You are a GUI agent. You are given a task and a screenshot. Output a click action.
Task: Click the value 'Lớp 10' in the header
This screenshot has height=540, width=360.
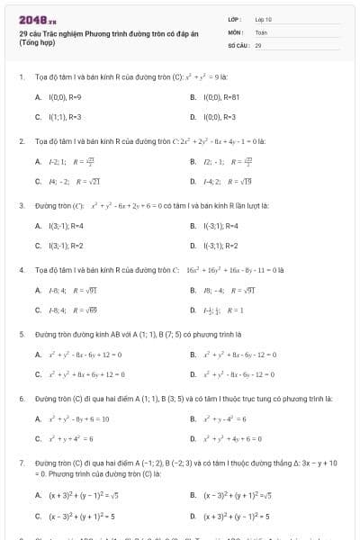pos(263,19)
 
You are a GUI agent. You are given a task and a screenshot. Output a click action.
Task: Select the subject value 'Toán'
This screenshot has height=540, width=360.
pos(261,31)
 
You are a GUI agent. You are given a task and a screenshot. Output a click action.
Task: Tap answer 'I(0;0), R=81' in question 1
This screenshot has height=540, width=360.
pos(220,96)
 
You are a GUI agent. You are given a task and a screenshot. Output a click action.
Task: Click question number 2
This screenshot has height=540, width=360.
pos(21,141)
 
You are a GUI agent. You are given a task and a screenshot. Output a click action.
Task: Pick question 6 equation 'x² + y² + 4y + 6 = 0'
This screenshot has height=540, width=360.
pos(238,438)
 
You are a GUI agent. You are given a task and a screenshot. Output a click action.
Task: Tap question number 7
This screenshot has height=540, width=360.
pos(21,463)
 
